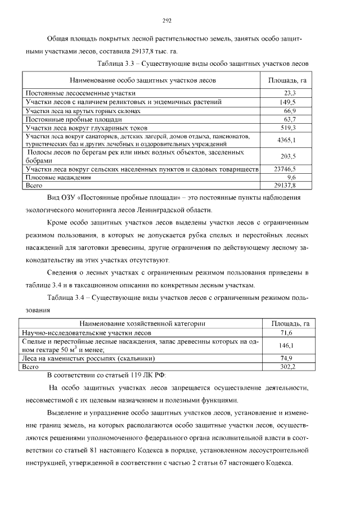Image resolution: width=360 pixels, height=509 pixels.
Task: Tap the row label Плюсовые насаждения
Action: pos(58,177)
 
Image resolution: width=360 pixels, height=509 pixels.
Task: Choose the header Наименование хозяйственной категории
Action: pos(142,323)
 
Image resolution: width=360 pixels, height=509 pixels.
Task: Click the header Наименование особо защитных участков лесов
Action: pos(143,80)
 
